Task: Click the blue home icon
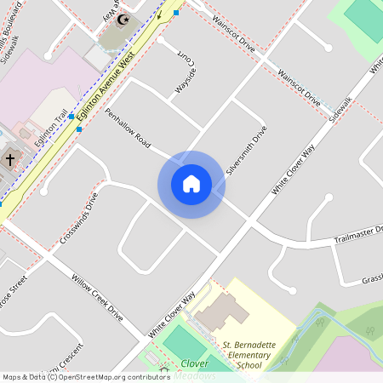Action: click(x=191, y=184)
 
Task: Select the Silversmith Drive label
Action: click(x=247, y=151)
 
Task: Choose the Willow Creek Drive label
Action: click(x=97, y=299)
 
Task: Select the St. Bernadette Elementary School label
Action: click(x=249, y=353)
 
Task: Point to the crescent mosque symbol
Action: click(x=123, y=19)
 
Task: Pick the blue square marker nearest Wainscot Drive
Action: click(x=176, y=13)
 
